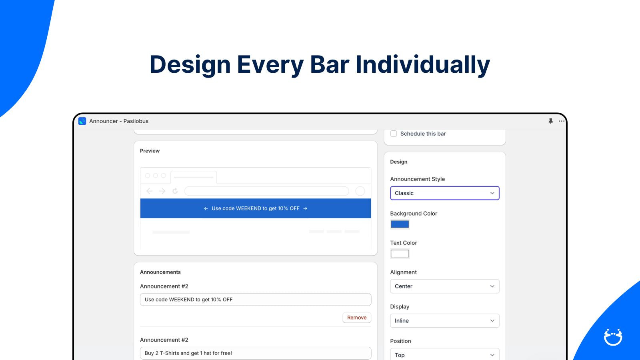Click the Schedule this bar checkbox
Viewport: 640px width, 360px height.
point(394,134)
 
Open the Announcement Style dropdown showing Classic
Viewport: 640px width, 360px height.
point(444,193)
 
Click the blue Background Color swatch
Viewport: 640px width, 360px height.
point(400,224)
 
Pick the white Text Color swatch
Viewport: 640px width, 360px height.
point(400,254)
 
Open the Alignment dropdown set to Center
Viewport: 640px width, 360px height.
point(444,286)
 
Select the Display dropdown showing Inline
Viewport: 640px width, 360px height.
point(444,320)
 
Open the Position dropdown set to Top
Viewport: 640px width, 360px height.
point(444,354)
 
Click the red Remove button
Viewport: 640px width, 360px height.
point(356,318)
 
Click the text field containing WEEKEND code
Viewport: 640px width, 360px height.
point(256,300)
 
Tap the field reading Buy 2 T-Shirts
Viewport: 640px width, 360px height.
point(256,353)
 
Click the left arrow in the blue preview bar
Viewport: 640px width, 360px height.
point(206,208)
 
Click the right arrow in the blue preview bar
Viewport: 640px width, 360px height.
point(305,208)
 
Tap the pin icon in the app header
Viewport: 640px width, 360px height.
point(550,121)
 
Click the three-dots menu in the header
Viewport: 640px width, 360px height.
point(562,121)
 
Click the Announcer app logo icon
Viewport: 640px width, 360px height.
point(82,121)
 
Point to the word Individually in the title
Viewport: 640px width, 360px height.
point(423,64)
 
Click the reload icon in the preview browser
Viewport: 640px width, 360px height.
point(175,191)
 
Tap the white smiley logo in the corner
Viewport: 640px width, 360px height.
point(613,337)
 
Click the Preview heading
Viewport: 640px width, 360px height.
point(150,151)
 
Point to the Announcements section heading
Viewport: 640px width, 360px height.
point(160,272)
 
